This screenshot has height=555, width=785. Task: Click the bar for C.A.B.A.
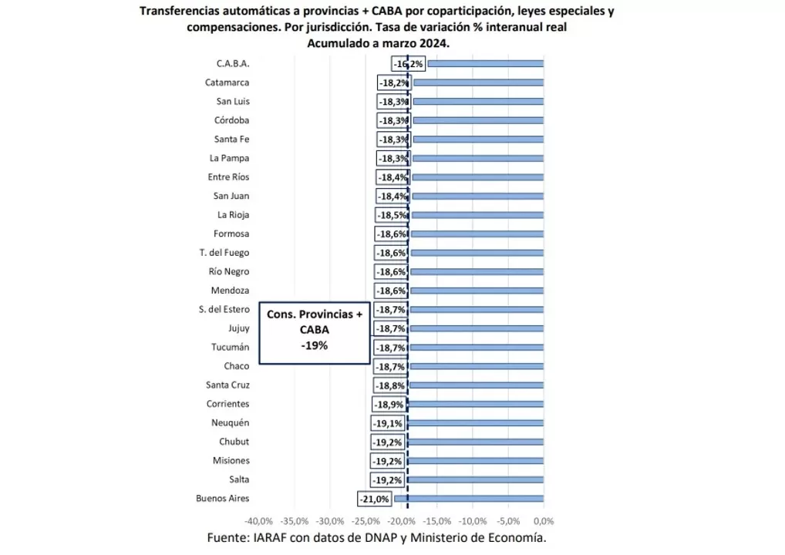click(486, 64)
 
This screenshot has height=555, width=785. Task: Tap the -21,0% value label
click(374, 499)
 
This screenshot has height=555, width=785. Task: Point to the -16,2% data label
click(408, 64)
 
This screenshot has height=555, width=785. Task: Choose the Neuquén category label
click(230, 422)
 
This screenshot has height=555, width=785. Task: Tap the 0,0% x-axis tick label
click(544, 521)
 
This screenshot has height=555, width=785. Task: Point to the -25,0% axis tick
click(366, 521)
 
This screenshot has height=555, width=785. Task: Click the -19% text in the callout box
click(315, 346)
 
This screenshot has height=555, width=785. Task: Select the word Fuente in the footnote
click(227, 538)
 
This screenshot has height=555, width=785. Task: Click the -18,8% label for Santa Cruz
click(391, 385)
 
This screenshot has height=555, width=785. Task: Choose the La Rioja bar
click(477, 215)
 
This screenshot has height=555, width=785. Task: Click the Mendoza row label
click(230, 291)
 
